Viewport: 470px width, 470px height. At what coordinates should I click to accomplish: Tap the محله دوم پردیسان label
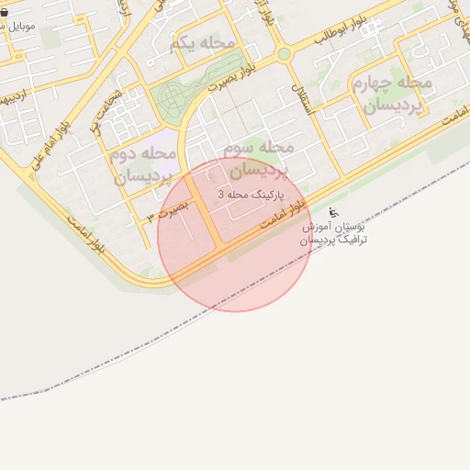[x=143, y=164]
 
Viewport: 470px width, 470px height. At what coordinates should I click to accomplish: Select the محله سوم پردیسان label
[x=260, y=159]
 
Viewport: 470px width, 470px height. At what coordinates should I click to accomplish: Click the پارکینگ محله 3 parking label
[x=252, y=196]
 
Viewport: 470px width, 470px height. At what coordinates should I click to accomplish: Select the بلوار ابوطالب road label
[x=341, y=29]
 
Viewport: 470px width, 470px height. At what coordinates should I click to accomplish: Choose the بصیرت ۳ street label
[x=168, y=210]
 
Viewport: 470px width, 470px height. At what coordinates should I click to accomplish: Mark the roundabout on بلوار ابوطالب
[x=285, y=54]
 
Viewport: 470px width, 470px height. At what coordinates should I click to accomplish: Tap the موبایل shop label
[x=18, y=26]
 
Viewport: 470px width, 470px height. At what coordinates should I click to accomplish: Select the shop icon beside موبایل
[x=5, y=14]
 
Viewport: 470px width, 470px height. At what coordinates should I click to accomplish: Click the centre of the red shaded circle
[x=235, y=234]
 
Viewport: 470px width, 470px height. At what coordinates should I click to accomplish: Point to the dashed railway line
[x=184, y=339]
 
